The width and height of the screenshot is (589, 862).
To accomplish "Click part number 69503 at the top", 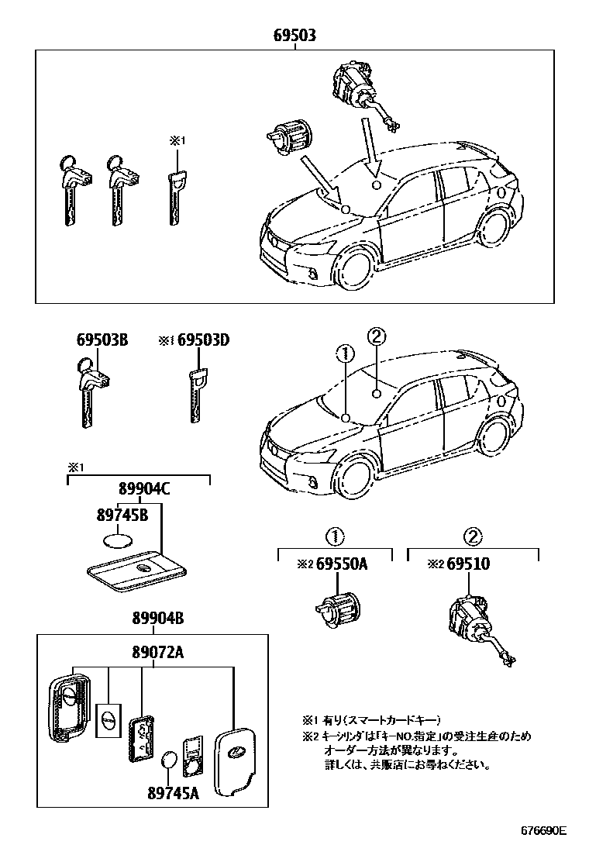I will click(x=294, y=36).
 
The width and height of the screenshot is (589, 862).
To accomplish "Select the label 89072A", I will click(x=156, y=652).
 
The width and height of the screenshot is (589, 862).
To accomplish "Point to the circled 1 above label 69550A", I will click(x=335, y=536).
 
